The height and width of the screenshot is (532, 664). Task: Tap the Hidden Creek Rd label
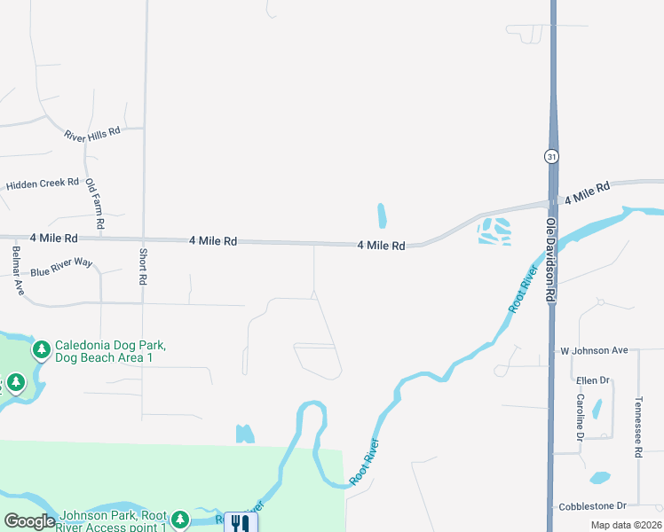[x=43, y=184]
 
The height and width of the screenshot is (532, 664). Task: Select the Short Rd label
[x=143, y=266]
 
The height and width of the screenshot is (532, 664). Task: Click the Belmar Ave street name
[x=16, y=270]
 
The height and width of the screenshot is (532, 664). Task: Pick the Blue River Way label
[x=61, y=267]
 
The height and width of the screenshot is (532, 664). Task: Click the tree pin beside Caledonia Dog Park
[x=41, y=350]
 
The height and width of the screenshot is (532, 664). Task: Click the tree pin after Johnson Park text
[x=180, y=519]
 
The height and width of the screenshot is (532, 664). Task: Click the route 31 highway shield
[x=551, y=156]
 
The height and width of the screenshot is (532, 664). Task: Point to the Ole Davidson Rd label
[x=551, y=263]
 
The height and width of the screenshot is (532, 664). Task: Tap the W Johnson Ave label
[x=594, y=350]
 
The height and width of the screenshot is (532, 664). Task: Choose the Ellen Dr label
[x=593, y=380]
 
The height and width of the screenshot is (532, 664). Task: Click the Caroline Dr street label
[x=579, y=419]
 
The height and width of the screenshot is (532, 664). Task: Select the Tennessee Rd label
[x=637, y=426]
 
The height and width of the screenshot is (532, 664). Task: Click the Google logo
[x=29, y=521]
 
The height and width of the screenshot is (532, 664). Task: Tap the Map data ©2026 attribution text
[x=627, y=525]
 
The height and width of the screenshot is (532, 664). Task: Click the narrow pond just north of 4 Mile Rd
[x=383, y=215]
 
